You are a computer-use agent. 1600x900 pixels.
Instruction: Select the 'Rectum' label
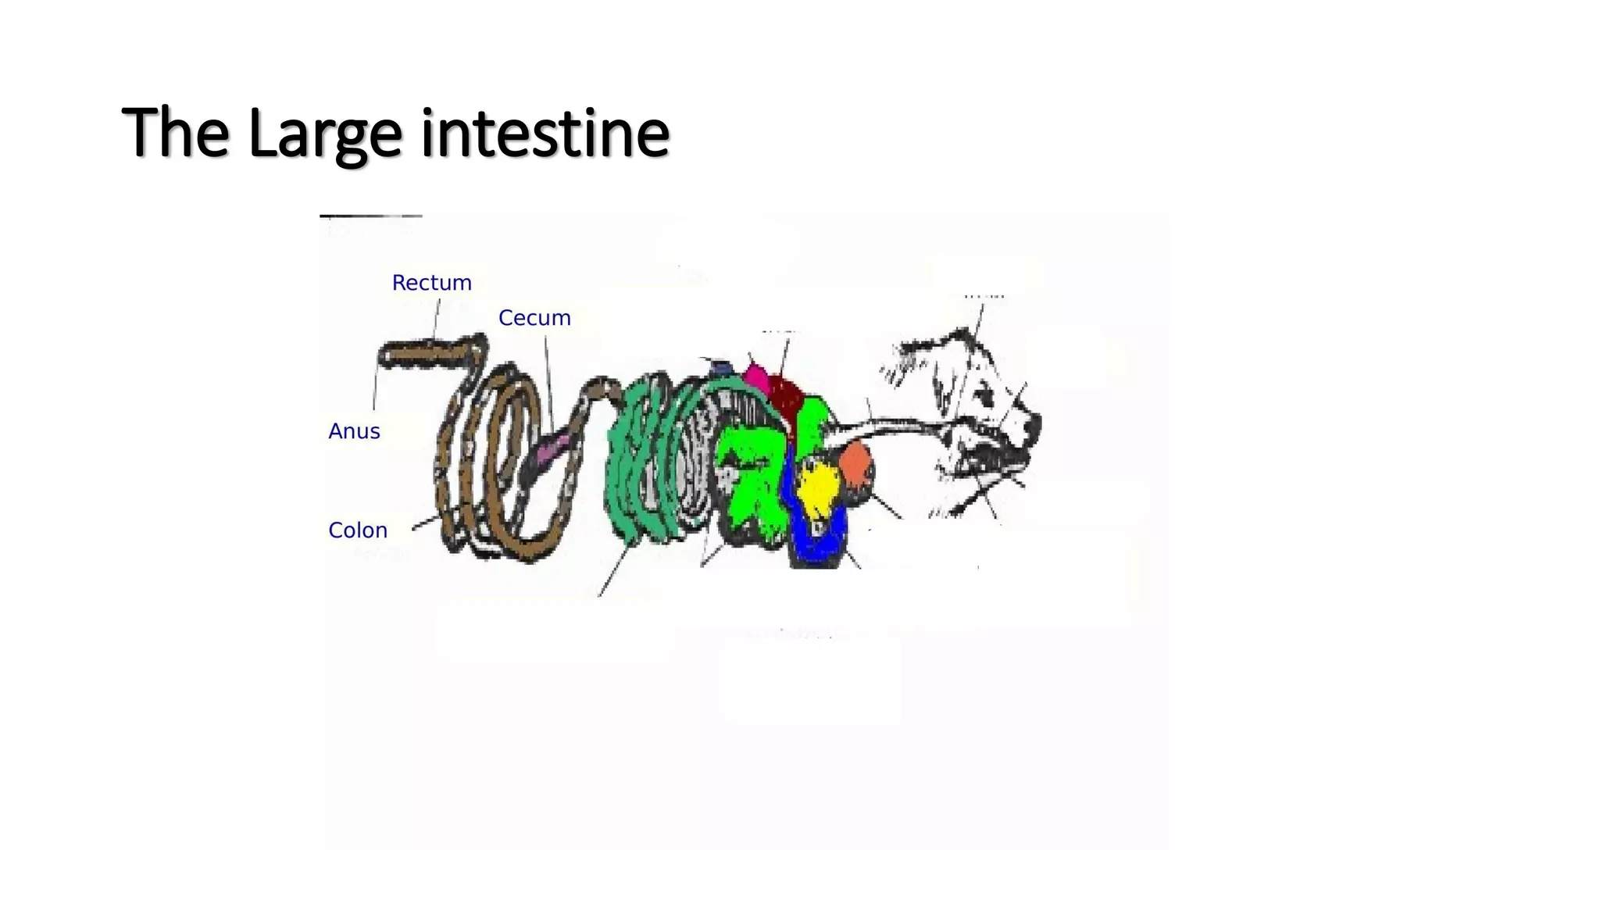[x=431, y=283]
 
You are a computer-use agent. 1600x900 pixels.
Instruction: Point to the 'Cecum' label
[x=534, y=318]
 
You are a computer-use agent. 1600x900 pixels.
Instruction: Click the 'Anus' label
[x=354, y=431]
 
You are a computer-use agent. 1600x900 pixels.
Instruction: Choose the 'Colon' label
[x=358, y=530]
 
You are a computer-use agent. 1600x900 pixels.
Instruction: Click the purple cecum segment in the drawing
[x=554, y=448]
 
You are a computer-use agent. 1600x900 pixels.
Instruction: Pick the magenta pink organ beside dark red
[x=756, y=377]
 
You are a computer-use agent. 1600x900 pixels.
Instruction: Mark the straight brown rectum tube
[x=426, y=355]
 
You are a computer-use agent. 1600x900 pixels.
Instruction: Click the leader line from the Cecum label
[x=548, y=383]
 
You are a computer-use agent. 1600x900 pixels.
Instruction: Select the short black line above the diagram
[x=371, y=216]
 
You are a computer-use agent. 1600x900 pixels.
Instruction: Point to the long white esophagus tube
[x=891, y=428]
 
